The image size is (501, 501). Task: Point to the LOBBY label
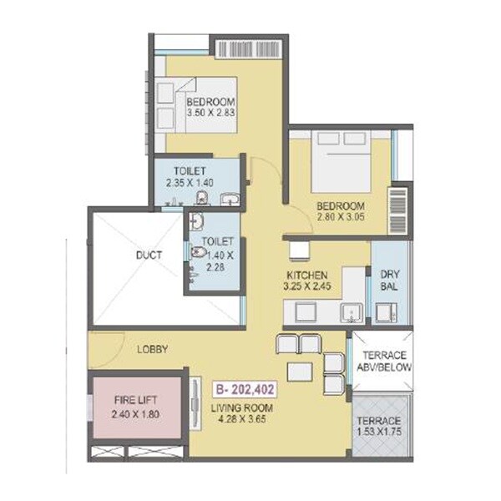tap(154, 349)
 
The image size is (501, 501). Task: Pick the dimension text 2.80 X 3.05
tap(340, 219)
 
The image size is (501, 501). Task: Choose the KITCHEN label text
tap(307, 275)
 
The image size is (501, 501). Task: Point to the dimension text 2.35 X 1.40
tap(195, 180)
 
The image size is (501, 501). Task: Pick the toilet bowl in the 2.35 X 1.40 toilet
tap(201, 197)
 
